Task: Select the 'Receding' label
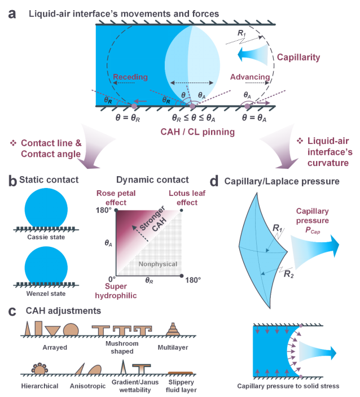tap(130, 78)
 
